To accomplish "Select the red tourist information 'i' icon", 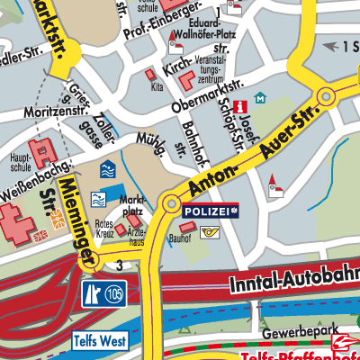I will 240,107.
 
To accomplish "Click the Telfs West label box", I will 100,342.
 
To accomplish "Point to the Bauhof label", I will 179,240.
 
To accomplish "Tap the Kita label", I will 157,87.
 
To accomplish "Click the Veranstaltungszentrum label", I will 223,68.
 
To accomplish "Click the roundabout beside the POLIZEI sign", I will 170,202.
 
